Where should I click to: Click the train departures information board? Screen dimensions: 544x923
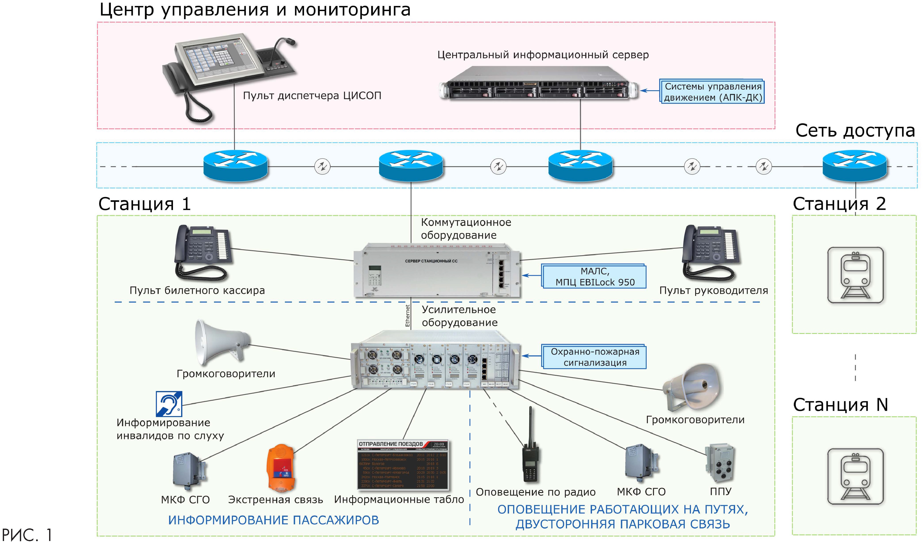[403, 465]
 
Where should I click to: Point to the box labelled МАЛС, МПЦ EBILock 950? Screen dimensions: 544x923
[594, 276]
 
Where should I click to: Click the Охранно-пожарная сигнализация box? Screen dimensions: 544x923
[594, 357]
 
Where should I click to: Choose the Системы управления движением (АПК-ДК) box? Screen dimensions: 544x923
[712, 92]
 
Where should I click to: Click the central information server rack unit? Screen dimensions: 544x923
[539, 83]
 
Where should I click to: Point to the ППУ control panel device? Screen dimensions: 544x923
[721, 463]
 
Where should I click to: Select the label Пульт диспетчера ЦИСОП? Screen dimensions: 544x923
[312, 96]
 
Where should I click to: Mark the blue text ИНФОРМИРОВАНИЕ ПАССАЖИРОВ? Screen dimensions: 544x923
[273, 520]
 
